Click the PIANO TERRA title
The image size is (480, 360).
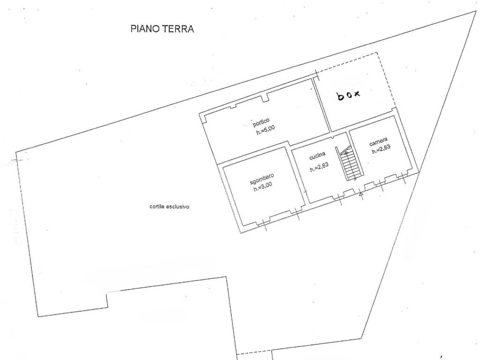click(162, 29)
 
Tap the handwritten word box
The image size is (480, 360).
click(349, 95)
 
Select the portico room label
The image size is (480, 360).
click(261, 122)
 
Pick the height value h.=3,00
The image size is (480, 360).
click(262, 187)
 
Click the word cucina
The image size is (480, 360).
click(317, 156)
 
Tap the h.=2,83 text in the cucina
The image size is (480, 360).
click(319, 167)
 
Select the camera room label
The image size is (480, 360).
click(378, 142)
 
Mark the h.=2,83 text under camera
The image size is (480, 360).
click(381, 149)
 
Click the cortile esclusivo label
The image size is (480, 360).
click(169, 207)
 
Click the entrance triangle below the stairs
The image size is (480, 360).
click(361, 194)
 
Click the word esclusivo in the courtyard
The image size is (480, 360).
click(178, 207)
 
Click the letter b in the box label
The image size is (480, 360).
click(340, 97)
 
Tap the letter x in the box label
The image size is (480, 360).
click(357, 93)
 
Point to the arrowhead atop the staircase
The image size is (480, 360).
click(346, 152)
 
